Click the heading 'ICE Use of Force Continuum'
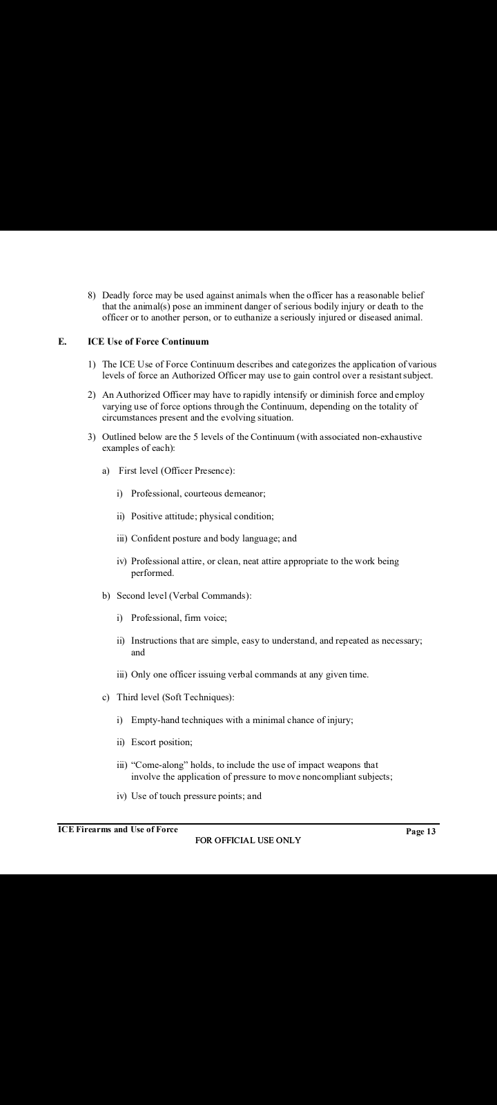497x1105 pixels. pos(148,341)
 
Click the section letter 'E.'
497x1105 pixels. pos(62,341)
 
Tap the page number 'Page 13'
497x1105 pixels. pos(420,832)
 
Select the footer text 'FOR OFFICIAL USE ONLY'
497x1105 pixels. pos(248,840)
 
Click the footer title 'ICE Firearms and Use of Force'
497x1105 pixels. pos(117,829)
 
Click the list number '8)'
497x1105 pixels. pos(92,295)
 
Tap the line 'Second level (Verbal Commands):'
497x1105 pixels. pos(184,595)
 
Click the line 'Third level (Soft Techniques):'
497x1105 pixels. pos(176,697)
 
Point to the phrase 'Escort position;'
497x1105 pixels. pos(162,742)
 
